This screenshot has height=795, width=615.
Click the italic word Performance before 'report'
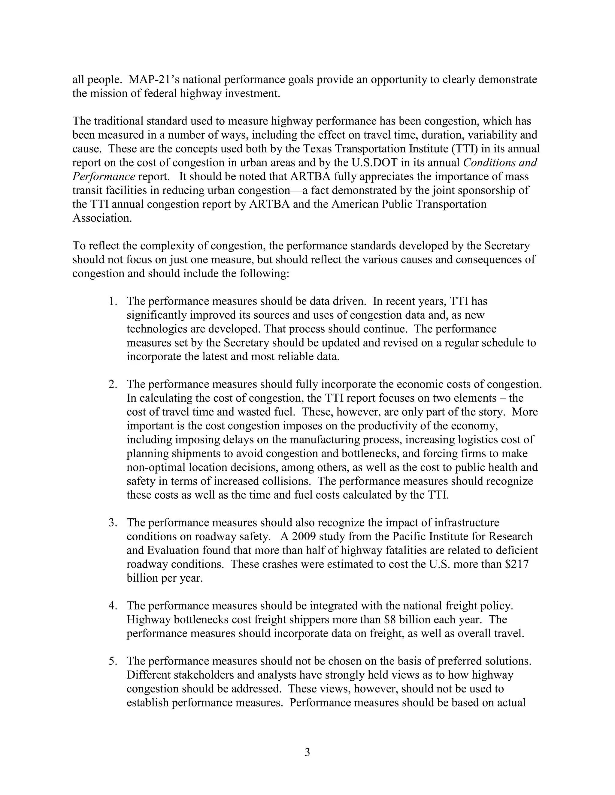(104, 176)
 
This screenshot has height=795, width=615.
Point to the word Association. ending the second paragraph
(102, 218)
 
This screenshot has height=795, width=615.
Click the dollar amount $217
(517, 564)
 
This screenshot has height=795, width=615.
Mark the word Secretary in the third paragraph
(507, 246)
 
